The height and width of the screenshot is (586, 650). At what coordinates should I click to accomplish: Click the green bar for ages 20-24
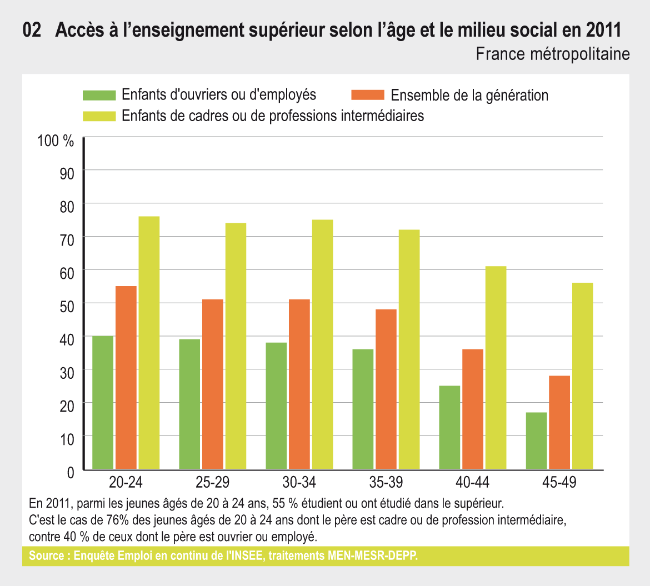coord(103,403)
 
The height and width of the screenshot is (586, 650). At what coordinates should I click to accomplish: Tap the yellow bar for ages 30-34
coord(323,344)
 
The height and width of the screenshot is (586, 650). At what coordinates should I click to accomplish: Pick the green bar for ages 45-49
coord(536,441)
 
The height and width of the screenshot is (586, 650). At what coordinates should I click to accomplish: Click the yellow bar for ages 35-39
coord(409,349)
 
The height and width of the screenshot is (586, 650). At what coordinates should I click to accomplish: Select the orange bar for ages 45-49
coord(559,423)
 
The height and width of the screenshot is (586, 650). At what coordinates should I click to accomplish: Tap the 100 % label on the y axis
coord(56,141)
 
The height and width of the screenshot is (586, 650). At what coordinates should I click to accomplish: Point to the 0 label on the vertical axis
coord(71,473)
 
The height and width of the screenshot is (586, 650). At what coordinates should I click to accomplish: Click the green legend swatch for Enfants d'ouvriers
coord(99,95)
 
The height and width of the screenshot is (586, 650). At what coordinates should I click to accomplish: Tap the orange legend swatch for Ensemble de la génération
coord(368,95)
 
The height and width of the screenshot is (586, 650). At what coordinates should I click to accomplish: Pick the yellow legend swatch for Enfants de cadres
coord(99,116)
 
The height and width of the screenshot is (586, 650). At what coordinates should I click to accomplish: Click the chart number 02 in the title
coord(32,31)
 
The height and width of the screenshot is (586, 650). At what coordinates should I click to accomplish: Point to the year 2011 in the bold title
coord(603,31)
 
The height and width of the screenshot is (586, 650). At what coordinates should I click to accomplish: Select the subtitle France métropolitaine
coord(553,54)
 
